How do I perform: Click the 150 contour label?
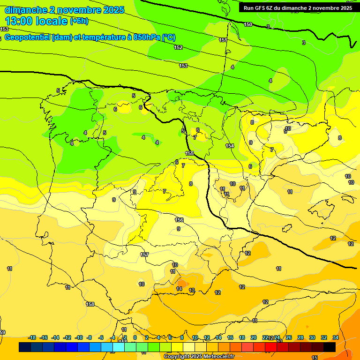click(248, 24)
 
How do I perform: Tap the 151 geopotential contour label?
click(223, 40)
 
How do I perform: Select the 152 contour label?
click(178, 47)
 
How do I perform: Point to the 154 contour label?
click(230, 146)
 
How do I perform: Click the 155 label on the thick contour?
click(189, 153)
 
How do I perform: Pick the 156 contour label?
click(179, 220)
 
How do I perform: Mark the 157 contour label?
click(145, 255)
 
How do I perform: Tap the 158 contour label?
click(90, 304)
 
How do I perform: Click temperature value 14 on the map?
click(179, 289)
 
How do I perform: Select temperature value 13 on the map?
click(192, 291)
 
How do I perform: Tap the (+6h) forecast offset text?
click(79, 21)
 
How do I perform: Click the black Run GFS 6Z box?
click(297, 7)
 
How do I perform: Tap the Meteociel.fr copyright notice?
click(199, 356)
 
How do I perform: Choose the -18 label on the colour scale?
click(32, 337)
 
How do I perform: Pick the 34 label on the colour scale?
click(336, 337)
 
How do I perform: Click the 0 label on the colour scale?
click(135, 337)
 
